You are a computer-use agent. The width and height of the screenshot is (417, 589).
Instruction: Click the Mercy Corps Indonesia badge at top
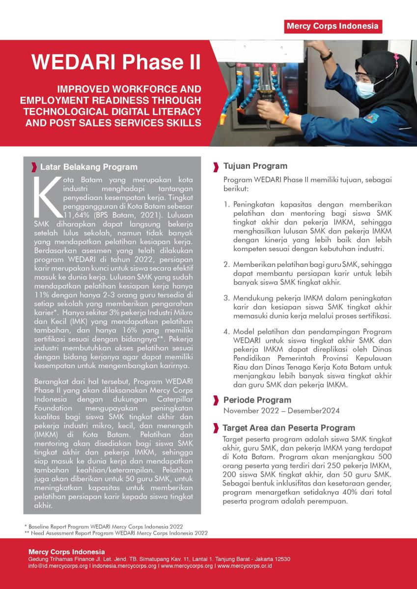333,26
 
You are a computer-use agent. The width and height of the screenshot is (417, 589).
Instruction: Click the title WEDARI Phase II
116,62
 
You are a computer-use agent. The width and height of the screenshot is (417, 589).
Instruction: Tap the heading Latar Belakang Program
88,167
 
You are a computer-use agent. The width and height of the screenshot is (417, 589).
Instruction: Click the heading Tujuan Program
255,166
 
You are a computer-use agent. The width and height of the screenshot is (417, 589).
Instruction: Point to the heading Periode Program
257,400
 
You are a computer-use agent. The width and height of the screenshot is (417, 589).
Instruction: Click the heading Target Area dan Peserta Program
289,428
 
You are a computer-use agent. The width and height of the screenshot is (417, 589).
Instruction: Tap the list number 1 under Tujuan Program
226,204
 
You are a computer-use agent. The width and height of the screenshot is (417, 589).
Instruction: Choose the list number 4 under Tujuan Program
226,331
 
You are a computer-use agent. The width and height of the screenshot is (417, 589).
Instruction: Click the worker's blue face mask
365,89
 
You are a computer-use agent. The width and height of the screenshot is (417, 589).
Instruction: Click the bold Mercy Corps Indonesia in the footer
66,552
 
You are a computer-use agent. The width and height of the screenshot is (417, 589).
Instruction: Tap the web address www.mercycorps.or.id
245,566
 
